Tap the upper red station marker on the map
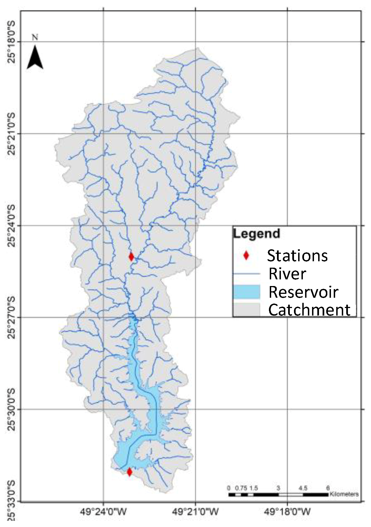pyautogui.click(x=131, y=257)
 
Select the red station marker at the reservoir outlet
pyautogui.click(x=129, y=472)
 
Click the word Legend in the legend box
pyautogui.click(x=256, y=234)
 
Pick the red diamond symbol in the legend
pyautogui.click(x=246, y=255)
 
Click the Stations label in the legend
pyautogui.click(x=297, y=255)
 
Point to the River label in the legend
pyautogui.click(x=287, y=274)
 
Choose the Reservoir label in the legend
pyautogui.click(x=303, y=292)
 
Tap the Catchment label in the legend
pyautogui.click(x=309, y=310)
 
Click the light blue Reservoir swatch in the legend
pyautogui.click(x=246, y=292)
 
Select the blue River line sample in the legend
pyautogui.click(x=246, y=274)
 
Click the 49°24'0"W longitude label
pyautogui.click(x=103, y=511)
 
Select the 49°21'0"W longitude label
pyautogui.click(x=195, y=511)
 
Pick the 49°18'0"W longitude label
pyautogui.click(x=287, y=511)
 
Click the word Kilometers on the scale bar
pyautogui.click(x=344, y=494)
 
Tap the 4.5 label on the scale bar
pyautogui.click(x=303, y=488)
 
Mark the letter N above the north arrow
pyautogui.click(x=35, y=37)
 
